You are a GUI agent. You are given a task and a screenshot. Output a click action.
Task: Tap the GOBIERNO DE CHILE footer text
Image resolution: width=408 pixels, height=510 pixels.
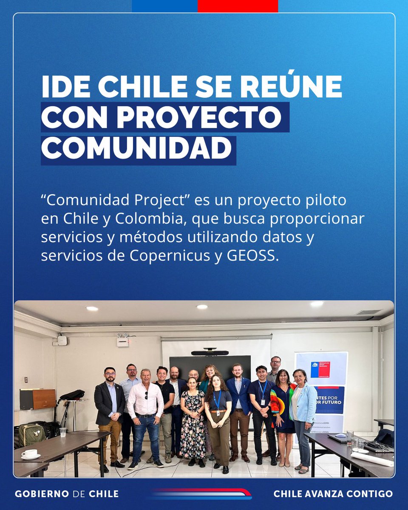(x=67, y=494)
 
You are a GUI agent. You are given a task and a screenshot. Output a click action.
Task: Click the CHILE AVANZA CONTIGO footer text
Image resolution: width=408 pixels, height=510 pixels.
(x=333, y=494)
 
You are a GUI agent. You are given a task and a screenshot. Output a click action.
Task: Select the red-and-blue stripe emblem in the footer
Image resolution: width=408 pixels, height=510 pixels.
(x=201, y=494)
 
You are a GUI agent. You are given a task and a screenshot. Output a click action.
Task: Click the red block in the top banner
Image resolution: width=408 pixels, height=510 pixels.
(x=238, y=6)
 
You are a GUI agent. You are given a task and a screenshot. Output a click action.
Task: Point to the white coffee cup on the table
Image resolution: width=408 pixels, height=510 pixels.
(x=30, y=453)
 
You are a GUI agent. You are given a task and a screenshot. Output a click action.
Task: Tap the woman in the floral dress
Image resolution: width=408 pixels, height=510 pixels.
(x=193, y=421)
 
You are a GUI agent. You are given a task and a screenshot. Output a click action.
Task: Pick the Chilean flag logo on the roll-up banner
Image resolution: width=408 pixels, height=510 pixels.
(x=314, y=369)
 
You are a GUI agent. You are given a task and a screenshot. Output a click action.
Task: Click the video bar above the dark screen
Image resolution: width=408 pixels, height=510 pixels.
(x=210, y=353)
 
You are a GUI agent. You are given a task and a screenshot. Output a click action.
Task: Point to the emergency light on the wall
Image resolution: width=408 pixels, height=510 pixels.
(x=123, y=340)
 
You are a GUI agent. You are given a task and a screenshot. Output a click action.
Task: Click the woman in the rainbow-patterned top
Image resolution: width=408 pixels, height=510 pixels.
(x=282, y=414)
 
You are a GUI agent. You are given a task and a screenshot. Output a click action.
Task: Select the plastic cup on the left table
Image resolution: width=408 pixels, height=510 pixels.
(x=63, y=432)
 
